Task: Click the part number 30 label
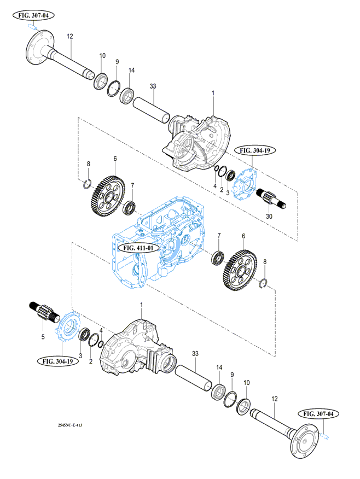[269, 217]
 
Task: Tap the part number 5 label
[43, 337]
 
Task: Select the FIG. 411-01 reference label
[138, 248]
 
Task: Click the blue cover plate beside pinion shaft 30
[245, 184]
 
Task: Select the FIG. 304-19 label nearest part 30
[253, 150]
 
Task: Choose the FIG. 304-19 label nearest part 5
[58, 361]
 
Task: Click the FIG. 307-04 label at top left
[33, 16]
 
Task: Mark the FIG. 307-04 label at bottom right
[321, 414]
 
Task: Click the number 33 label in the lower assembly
[195, 353]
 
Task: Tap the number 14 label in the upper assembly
[131, 70]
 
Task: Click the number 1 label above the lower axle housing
[142, 305]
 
